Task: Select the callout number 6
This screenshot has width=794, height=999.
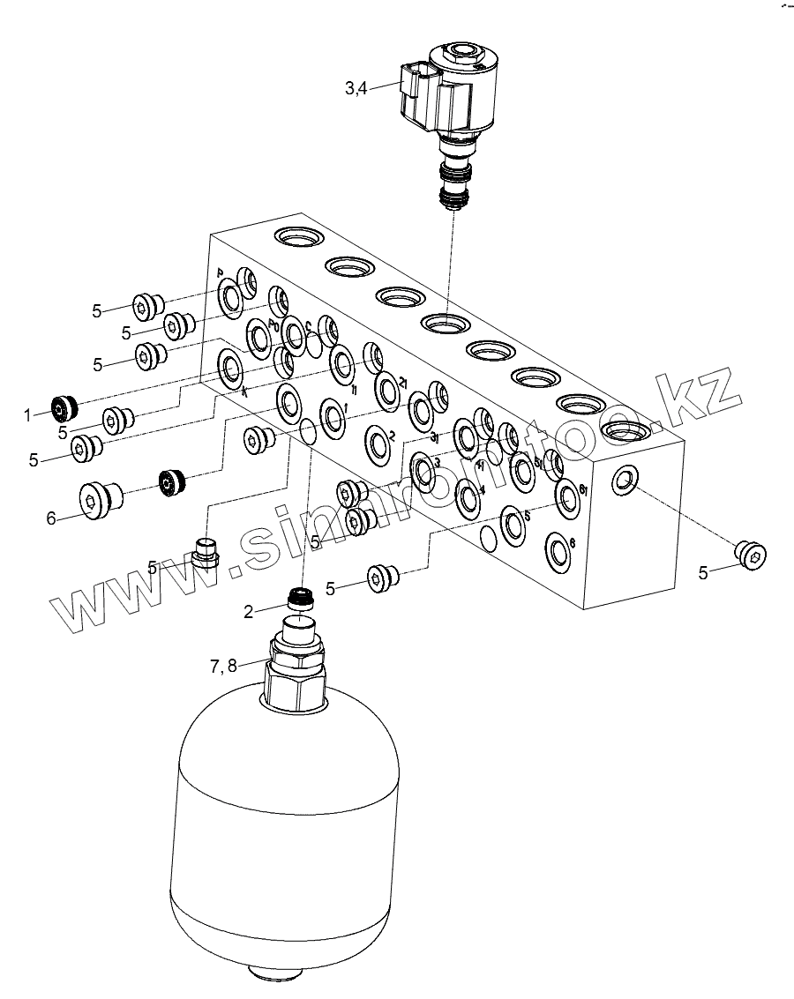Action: (x=51, y=518)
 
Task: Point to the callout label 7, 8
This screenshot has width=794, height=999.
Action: (x=223, y=666)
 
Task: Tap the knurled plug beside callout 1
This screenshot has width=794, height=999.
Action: (x=65, y=407)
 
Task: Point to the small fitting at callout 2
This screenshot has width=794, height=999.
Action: (x=301, y=600)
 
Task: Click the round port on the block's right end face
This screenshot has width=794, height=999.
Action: (x=625, y=479)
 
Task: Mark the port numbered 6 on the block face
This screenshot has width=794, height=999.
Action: (x=571, y=543)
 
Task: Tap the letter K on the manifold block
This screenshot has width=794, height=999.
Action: (x=244, y=393)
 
